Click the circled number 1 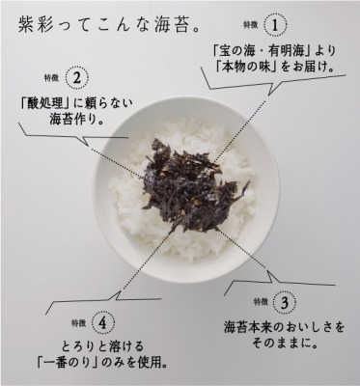click(275, 25)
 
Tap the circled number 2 click(76, 78)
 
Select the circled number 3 click(284, 302)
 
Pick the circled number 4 click(103, 323)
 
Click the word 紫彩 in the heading click(33, 26)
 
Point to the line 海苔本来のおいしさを click(284, 327)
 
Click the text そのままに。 click(284, 344)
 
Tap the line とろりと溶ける click(103, 346)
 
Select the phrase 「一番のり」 click(68, 363)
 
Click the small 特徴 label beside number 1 click(251, 25)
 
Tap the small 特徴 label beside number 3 click(261, 302)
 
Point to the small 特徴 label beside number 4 click(79, 322)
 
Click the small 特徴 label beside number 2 click(52, 78)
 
